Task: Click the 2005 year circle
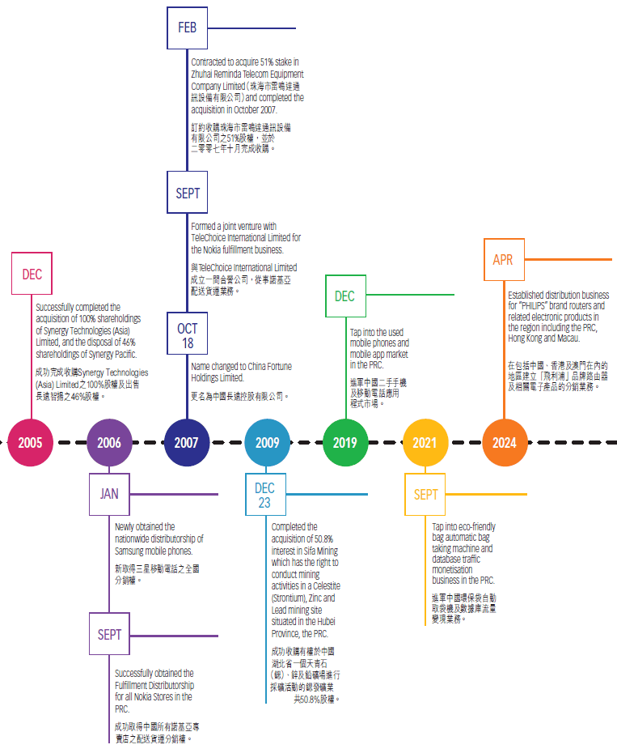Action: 31,442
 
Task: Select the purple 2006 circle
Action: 109,442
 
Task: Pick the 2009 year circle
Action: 268,442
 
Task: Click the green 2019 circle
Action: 345,442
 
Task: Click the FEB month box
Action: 188,28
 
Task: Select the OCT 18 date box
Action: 188,334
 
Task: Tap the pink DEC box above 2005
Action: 32,274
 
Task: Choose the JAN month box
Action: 109,494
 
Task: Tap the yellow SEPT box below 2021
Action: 426,495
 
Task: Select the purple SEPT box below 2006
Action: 109,635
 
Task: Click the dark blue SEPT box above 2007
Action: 188,194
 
